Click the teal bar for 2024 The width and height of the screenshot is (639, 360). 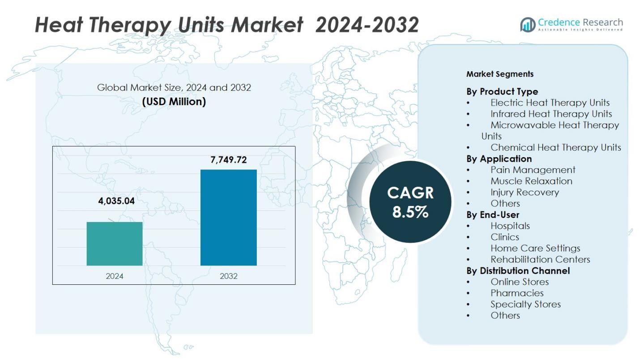[115, 244]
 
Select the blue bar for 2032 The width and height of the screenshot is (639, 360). [228, 218]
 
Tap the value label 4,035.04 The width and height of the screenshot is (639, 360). [116, 201]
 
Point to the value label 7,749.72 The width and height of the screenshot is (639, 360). [229, 160]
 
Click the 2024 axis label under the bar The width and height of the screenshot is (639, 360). [115, 276]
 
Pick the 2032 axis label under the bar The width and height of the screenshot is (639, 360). [229, 276]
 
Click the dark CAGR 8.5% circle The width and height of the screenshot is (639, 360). [410, 202]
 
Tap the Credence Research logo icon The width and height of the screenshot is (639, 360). [528, 25]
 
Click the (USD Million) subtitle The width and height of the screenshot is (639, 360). [174, 102]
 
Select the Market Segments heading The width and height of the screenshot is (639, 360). [500, 74]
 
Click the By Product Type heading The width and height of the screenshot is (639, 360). [502, 92]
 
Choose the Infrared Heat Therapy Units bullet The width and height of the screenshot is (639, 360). [551, 114]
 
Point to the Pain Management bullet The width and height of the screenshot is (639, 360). [532, 170]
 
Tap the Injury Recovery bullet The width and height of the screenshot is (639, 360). [524, 192]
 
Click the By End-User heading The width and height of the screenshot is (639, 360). [493, 214]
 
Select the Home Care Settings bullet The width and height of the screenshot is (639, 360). [535, 248]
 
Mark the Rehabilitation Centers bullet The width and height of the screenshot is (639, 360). [540, 259]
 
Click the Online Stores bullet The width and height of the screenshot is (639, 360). [520, 282]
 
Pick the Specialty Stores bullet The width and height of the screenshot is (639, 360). [525, 304]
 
